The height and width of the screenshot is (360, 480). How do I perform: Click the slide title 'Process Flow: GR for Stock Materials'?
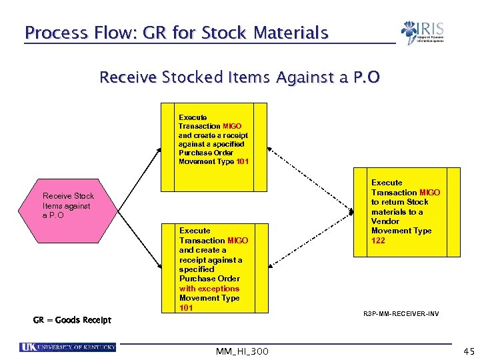pyautogui.click(x=176, y=33)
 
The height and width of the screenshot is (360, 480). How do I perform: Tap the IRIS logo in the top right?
pyautogui.click(x=423, y=33)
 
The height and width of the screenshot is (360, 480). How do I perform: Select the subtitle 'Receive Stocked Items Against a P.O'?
pyautogui.click(x=239, y=78)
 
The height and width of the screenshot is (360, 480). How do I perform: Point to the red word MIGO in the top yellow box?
pyautogui.click(x=232, y=126)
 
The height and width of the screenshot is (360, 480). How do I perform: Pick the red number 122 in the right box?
pyautogui.click(x=378, y=241)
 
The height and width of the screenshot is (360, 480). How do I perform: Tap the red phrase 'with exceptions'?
pyautogui.click(x=209, y=289)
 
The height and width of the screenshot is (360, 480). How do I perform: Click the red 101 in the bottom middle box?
pyautogui.click(x=186, y=308)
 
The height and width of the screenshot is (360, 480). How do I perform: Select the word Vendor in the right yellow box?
pyautogui.click(x=385, y=221)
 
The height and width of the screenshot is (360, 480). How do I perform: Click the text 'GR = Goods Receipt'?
pyautogui.click(x=72, y=320)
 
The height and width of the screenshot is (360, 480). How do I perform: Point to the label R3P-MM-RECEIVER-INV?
pyautogui.click(x=401, y=313)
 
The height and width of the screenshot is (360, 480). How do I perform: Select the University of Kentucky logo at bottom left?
pyautogui.click(x=68, y=347)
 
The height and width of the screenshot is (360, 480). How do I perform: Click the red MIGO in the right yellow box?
pyautogui.click(x=429, y=192)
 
